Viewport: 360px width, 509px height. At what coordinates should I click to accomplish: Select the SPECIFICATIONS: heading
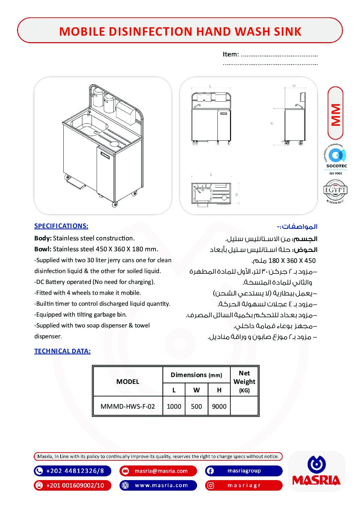pyautogui.click(x=61, y=226)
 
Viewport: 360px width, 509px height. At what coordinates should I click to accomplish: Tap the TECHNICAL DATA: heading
pyautogui.click(x=62, y=351)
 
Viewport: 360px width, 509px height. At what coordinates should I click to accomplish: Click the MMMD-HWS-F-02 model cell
pyautogui.click(x=128, y=406)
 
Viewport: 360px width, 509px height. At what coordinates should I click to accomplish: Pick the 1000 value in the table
pyautogui.click(x=174, y=406)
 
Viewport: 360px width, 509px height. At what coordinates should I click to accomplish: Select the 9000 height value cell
pyautogui.click(x=219, y=406)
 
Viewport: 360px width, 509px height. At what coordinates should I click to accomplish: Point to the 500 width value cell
pyautogui.click(x=196, y=406)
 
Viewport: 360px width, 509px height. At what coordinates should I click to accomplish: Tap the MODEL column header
pyautogui.click(x=128, y=381)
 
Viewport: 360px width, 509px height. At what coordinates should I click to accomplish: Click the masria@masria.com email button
pyautogui.click(x=158, y=471)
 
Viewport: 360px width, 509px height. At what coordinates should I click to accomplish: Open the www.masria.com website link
pyautogui.click(x=158, y=485)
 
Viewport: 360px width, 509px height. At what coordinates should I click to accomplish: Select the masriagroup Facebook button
pyautogui.click(x=244, y=471)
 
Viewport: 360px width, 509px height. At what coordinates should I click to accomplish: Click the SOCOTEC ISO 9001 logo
pyautogui.click(x=335, y=159)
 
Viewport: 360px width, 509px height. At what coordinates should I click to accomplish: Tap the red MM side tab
pyautogui.click(x=336, y=114)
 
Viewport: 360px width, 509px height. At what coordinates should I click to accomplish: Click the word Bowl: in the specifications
pyautogui.click(x=43, y=249)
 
